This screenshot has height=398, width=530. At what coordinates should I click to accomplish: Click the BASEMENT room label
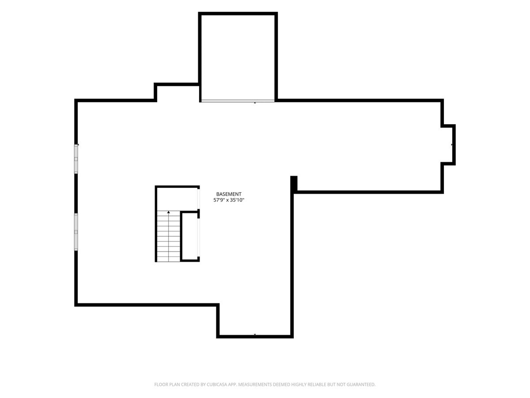(228, 194)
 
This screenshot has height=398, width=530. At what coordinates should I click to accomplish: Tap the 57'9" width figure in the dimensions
(219, 200)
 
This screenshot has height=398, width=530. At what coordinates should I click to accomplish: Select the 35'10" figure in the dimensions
(237, 200)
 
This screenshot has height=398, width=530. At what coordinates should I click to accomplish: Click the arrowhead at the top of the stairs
(169, 212)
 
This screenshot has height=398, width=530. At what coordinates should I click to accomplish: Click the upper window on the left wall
(76, 159)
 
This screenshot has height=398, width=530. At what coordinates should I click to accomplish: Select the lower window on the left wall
(76, 232)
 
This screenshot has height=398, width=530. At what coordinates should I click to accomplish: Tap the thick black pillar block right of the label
(294, 184)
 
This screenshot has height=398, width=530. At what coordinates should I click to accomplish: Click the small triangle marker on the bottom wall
(255, 335)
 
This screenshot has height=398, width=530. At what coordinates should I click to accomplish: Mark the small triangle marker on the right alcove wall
(452, 145)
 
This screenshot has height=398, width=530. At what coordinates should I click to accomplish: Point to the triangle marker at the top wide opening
(255, 103)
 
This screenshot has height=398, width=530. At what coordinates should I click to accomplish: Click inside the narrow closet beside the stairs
(190, 236)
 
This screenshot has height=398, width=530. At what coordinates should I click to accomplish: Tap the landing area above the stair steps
(177, 199)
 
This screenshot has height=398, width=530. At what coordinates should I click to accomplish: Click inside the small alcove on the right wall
(448, 145)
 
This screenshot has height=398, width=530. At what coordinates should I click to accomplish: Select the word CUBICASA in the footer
(217, 384)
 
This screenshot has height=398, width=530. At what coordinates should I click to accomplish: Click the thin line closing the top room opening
(238, 101)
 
